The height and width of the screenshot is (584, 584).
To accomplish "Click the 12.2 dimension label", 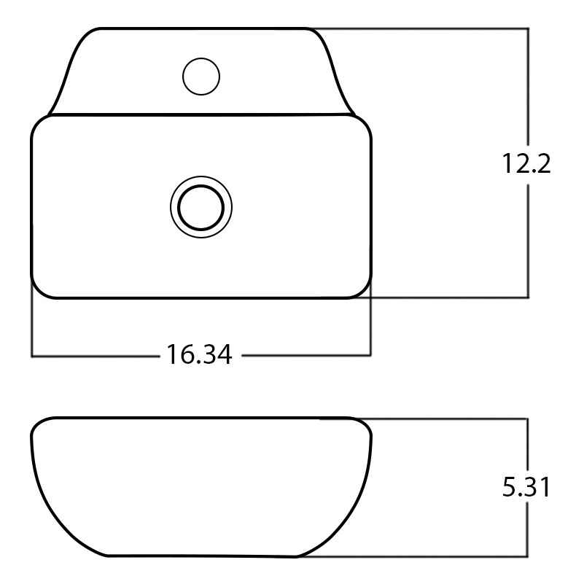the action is coord(526,163).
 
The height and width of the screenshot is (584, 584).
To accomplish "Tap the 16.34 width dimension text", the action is coord(200,354).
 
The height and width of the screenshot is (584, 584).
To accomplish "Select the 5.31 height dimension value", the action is coord(526,486).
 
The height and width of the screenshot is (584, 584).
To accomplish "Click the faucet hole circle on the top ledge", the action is coord(201,77).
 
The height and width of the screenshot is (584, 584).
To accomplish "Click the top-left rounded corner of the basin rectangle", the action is coord(37,123).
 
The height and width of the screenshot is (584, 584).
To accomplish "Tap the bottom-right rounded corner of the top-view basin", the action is coord(365,291).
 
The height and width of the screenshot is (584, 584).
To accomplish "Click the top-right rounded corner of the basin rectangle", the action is coord(365,123).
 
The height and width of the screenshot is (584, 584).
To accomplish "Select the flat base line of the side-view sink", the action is coord(203,556).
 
